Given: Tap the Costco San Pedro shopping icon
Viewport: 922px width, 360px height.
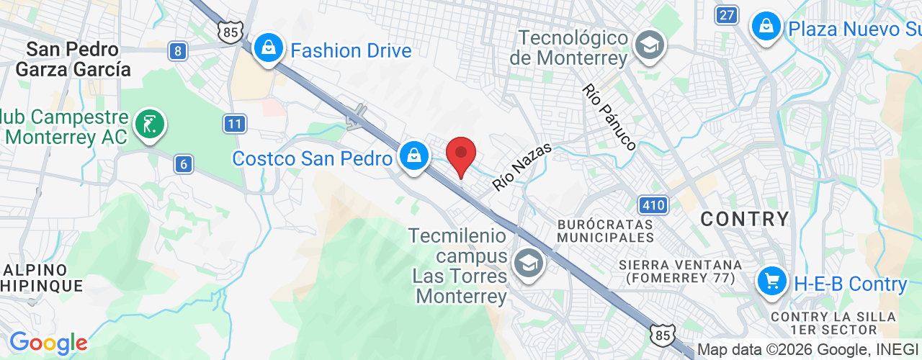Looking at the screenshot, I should tap(414, 155).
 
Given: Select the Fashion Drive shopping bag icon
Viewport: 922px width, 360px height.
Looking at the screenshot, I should tap(268, 49).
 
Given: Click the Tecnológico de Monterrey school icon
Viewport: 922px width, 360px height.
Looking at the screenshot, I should tap(650, 46).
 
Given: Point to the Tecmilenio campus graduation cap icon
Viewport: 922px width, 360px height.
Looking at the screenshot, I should tap(529, 264).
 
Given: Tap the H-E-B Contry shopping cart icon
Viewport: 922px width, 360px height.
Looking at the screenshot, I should tap(772, 280).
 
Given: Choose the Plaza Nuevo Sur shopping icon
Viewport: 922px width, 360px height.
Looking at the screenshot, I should tap(766, 27).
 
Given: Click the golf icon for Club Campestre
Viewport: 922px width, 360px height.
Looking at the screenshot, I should tap(149, 124).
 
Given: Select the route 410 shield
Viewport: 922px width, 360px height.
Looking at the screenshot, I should tap(653, 205).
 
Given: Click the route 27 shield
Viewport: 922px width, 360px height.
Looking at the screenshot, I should tap(728, 14).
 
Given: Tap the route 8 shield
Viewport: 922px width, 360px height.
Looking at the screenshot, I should tap(178, 50).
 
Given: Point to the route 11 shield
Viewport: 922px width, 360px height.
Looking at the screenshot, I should tap(233, 124).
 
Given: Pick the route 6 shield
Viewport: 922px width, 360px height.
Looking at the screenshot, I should tap(184, 165).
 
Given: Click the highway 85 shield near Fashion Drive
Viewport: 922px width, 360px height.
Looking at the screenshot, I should tap(230, 32).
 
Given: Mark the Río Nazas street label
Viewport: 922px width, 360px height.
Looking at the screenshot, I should tap(522, 167).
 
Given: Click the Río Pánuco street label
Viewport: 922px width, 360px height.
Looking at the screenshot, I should tap(609, 117).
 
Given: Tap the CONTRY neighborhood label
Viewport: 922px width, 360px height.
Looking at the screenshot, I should tap(745, 219).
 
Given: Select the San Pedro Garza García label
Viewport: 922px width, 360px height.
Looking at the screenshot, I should tap(73, 59).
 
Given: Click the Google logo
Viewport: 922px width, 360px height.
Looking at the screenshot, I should tap(48, 343).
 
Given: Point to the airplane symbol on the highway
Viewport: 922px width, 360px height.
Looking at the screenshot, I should tap(356, 117).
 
